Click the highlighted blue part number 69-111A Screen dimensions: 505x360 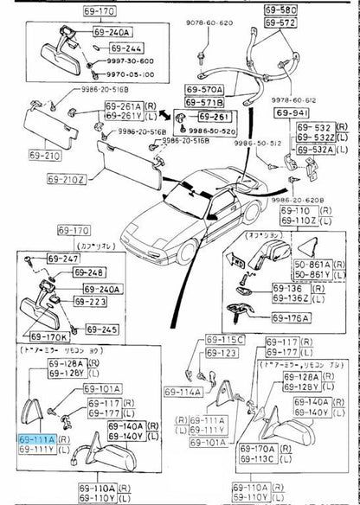point(37,439)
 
